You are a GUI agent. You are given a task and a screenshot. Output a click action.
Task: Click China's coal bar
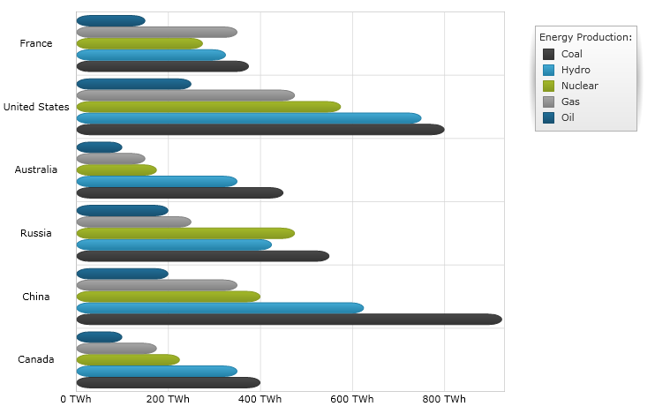tap(289, 320)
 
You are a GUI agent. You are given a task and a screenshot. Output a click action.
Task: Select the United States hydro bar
tap(248, 118)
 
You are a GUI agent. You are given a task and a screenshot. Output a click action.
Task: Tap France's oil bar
tap(110, 21)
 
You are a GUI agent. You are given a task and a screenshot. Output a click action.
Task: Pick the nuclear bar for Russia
tap(185, 233)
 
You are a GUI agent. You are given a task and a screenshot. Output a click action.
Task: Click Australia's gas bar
tap(110, 159)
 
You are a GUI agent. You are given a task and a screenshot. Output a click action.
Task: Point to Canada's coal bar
tap(168, 382)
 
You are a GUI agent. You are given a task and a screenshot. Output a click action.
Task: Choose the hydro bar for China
tap(220, 308)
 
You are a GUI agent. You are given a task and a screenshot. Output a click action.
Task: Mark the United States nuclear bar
tap(208, 107)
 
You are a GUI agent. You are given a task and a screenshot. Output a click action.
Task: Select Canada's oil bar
tap(99, 337)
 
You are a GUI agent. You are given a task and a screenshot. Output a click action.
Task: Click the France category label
tap(36, 43)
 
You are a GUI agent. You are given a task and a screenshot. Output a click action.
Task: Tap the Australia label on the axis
tap(36, 169)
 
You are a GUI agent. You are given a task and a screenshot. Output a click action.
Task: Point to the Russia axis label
tap(36, 233)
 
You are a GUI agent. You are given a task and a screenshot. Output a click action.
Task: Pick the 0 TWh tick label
tap(76, 400)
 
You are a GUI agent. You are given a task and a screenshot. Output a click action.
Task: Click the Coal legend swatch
tap(548, 54)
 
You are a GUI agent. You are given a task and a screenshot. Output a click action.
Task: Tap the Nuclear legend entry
tap(579, 86)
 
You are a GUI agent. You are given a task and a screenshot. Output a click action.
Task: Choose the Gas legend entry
tap(570, 102)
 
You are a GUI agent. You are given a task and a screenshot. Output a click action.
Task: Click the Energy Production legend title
tap(585, 37)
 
